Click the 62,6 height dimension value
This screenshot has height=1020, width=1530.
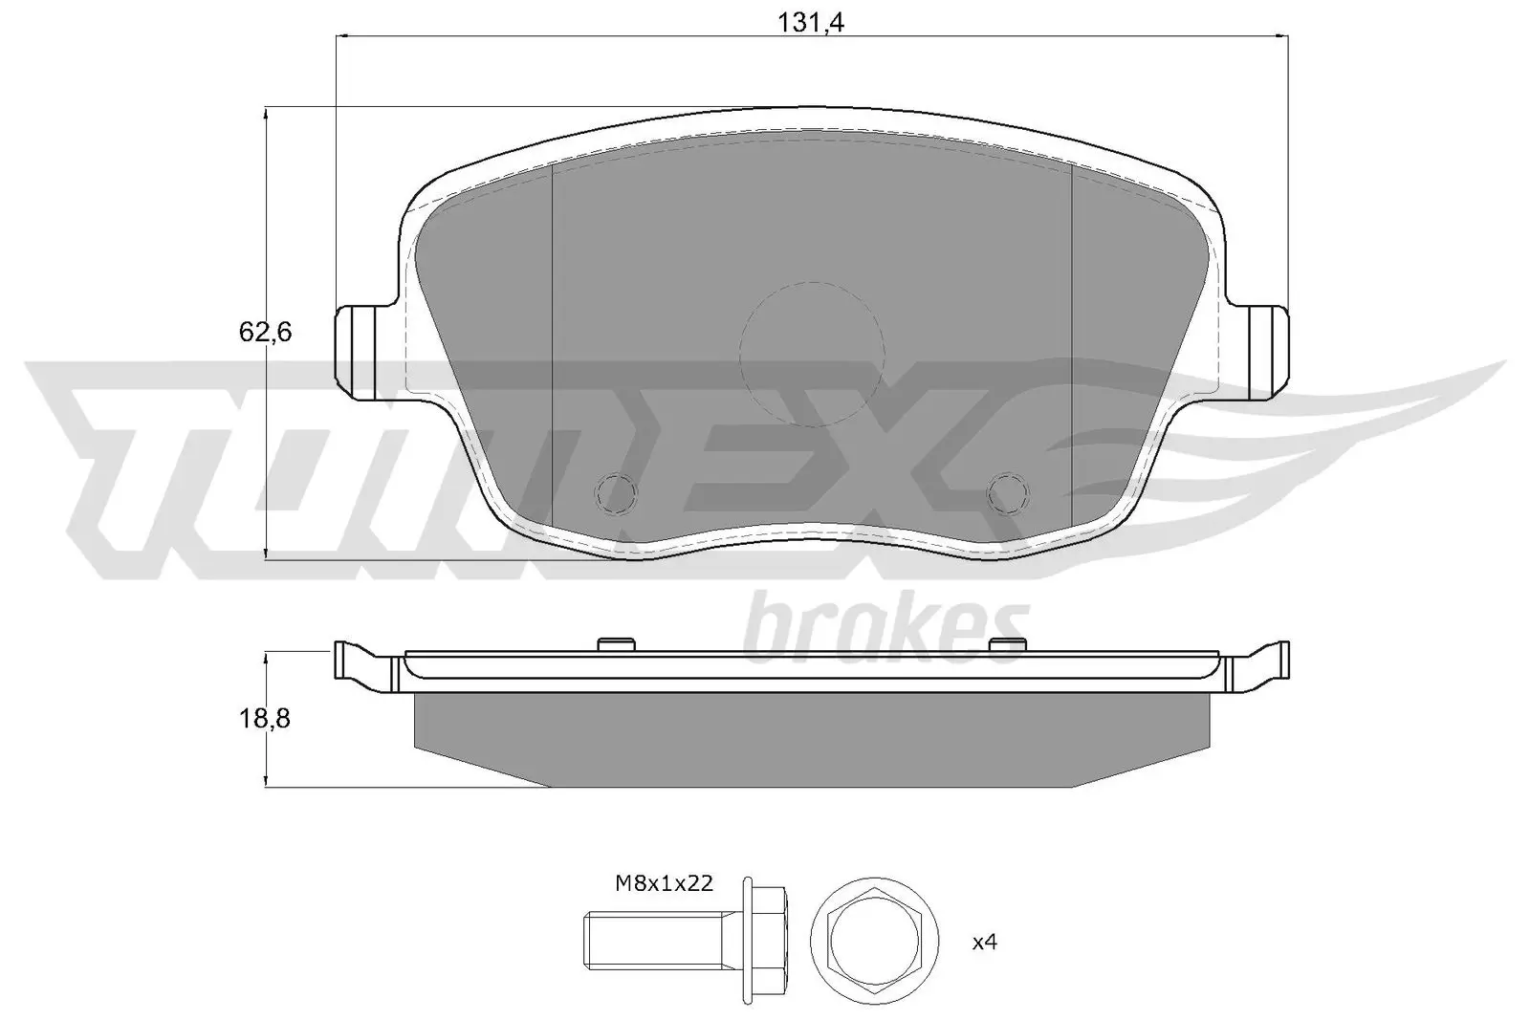pyautogui.click(x=264, y=333)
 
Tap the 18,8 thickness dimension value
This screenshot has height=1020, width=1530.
pyautogui.click(x=264, y=719)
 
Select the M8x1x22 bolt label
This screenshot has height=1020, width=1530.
pyautogui.click(x=664, y=883)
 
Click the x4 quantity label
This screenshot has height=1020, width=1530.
pyautogui.click(x=984, y=943)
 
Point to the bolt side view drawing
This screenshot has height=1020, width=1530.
pyautogui.click(x=684, y=943)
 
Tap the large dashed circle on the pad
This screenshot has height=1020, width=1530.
pyautogui.click(x=811, y=354)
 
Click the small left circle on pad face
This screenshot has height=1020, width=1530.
pyautogui.click(x=616, y=492)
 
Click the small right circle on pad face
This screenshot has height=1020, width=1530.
pyautogui.click(x=1009, y=492)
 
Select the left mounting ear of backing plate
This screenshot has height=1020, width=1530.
pyautogui.click(x=364, y=351)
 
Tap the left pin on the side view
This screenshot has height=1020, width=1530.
pyautogui.click(x=616, y=643)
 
